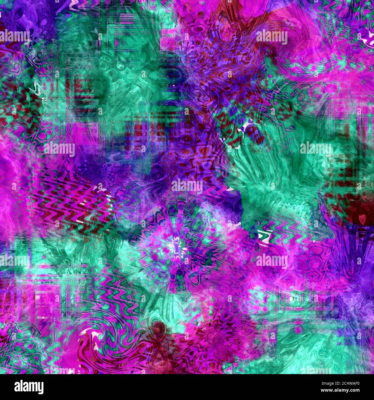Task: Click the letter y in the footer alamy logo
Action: coord(40,388)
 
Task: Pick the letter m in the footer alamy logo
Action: coord(30,387)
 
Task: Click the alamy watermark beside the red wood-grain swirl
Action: coord(272,37)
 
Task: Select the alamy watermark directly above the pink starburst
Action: coord(187,186)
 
